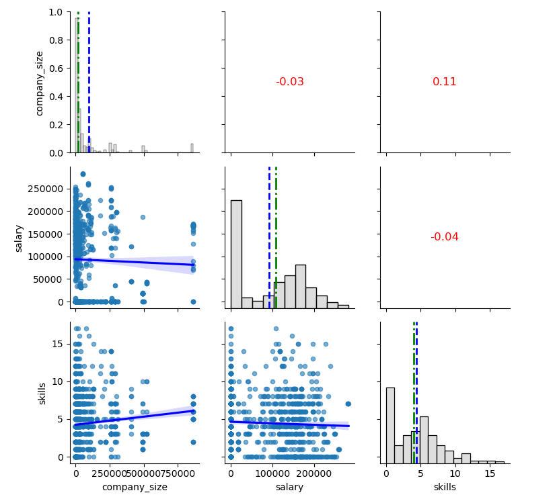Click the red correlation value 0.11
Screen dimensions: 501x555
[x=444, y=82]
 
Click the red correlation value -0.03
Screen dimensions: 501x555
[x=290, y=82]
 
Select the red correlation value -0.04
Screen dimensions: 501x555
[x=444, y=236]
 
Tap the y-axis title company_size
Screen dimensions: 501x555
[x=40, y=83]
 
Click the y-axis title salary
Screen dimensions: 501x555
[x=20, y=238]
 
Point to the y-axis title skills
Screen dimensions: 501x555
[x=42, y=393]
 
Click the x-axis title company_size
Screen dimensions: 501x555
[x=135, y=487]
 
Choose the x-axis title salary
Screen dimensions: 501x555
[x=290, y=487]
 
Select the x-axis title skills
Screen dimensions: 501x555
[x=444, y=487]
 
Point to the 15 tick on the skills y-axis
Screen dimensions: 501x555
[x=59, y=344]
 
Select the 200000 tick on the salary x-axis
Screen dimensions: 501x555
[x=314, y=473]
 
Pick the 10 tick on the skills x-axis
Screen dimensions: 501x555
[x=455, y=473]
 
